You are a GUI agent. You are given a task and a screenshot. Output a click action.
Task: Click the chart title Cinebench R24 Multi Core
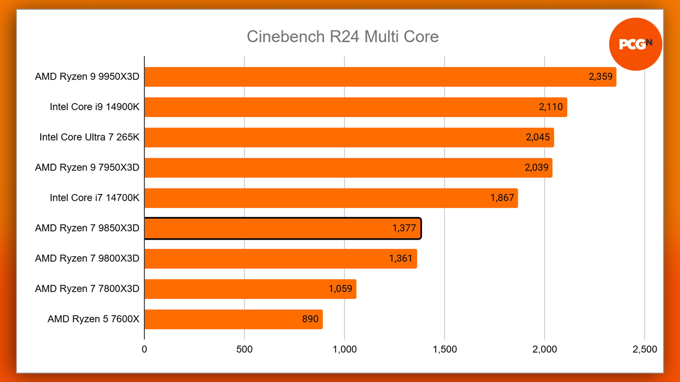342,36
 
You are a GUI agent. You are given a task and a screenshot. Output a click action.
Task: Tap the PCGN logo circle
635,44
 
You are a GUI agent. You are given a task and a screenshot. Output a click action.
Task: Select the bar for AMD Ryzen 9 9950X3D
354,77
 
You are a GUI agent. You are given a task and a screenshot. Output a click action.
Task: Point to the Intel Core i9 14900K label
95,107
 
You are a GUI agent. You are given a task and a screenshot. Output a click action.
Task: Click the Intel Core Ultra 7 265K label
89,137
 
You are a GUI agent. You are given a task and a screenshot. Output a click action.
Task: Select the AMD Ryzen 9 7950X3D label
87,167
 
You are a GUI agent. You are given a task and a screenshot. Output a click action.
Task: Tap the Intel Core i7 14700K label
95,198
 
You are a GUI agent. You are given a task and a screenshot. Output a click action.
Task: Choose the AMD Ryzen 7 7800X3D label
87,289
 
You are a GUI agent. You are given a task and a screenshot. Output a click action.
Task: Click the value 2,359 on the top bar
600,77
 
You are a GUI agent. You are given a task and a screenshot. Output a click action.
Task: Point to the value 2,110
551,107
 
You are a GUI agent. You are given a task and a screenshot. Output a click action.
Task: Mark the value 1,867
502,198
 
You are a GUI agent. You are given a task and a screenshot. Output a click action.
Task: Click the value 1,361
401,259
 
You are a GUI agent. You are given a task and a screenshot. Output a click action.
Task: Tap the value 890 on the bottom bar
310,319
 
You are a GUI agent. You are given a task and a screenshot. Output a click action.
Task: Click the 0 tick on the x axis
144,349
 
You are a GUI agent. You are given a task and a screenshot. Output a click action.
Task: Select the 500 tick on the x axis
244,349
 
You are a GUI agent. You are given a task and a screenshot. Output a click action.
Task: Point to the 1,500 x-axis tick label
445,349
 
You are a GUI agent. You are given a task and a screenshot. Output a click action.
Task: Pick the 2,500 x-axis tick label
645,349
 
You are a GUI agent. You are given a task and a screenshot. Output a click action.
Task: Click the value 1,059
340,289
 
